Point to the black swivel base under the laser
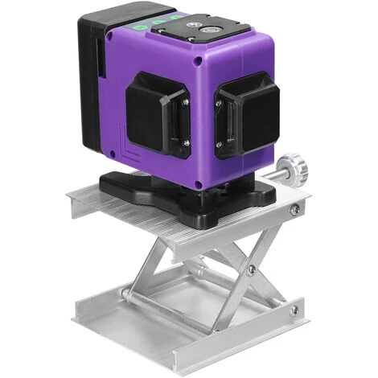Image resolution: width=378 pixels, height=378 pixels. (193, 196)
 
